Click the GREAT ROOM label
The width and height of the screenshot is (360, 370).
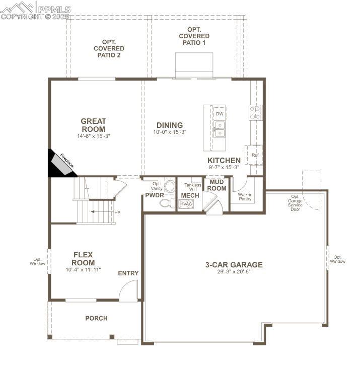point(94,125)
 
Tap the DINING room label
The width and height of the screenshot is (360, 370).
point(169,125)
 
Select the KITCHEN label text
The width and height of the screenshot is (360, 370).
point(224,161)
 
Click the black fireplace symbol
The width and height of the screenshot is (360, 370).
point(61,164)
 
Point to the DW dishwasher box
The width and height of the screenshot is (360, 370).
point(219,114)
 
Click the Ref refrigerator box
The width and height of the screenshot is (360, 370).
point(254,155)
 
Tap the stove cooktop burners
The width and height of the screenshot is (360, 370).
point(255,112)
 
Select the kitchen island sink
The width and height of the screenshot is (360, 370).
point(219,132)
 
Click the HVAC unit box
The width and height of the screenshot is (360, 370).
point(186,204)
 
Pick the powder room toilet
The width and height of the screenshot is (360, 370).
point(165,203)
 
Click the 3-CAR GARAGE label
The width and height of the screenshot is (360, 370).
point(234,265)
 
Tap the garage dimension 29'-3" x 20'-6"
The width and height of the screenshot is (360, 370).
point(234,272)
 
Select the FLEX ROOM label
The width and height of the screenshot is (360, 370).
point(83,259)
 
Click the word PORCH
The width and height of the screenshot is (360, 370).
point(96,318)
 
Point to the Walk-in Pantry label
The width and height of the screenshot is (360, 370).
point(245,196)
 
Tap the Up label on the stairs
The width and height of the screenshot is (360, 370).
point(117,211)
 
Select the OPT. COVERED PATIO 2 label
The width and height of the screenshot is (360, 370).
point(109,48)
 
